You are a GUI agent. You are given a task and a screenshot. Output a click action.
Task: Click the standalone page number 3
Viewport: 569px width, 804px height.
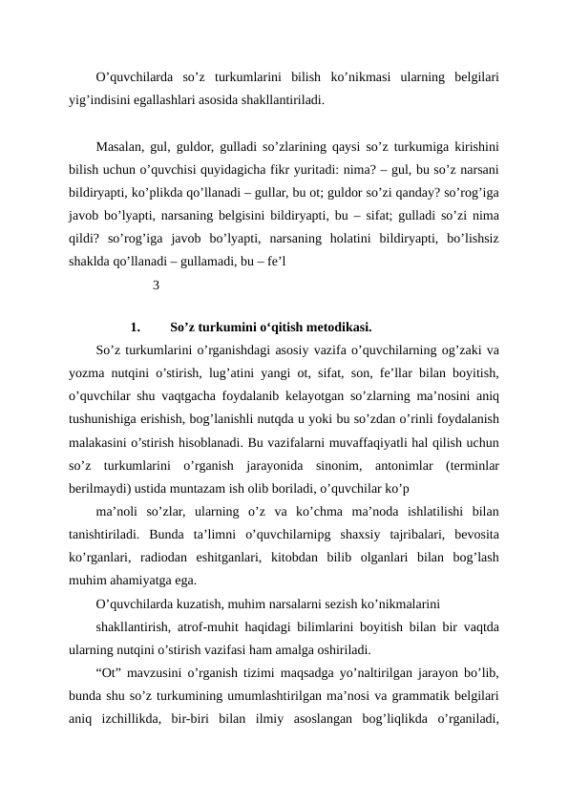pyautogui.click(x=156, y=285)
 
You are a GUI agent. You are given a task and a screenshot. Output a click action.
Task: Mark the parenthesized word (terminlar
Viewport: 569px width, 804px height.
pyautogui.click(x=474, y=465)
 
